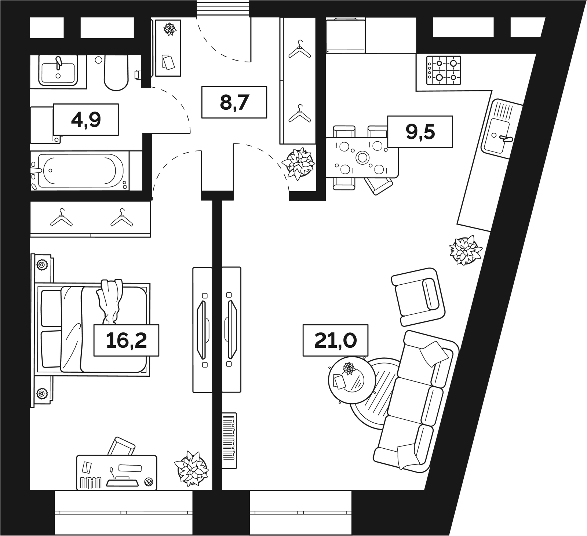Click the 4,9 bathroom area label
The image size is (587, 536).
coord(86,120)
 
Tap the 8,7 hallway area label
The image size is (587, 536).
coord(234,102)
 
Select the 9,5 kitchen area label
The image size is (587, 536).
coord(420,131)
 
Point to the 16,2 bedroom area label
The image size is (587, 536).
coord(126,340)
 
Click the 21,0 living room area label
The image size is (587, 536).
coord(335,340)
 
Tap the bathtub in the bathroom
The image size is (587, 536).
coord(80,171)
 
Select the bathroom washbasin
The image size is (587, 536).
coord(58,70)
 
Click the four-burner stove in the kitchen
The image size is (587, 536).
coord(444,70)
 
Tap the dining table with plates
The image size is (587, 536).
coord(362,158)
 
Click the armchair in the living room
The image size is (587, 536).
coord(419,296)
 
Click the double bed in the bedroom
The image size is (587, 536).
coord(92,329)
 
